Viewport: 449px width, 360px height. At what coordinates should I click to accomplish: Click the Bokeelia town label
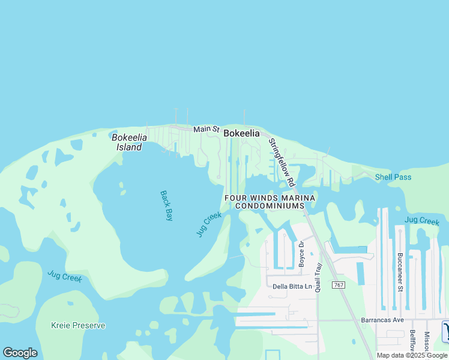pyautogui.click(x=241, y=134)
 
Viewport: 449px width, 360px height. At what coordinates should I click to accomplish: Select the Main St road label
pyautogui.click(x=206, y=129)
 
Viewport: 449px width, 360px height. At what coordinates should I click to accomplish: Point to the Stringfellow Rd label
pyautogui.click(x=282, y=162)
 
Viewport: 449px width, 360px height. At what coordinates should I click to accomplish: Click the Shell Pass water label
pyautogui.click(x=393, y=177)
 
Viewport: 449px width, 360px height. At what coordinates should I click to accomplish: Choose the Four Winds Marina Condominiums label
pyautogui.click(x=270, y=202)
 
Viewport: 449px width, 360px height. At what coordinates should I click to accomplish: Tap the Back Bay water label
pyautogui.click(x=166, y=206)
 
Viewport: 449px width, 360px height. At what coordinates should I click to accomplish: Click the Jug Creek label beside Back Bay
pyautogui.click(x=209, y=224)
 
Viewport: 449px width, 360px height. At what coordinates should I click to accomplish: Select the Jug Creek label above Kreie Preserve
pyautogui.click(x=65, y=277)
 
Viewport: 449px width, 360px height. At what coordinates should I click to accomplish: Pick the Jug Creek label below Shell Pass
pyautogui.click(x=421, y=221)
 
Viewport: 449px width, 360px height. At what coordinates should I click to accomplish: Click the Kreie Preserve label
pyautogui.click(x=78, y=325)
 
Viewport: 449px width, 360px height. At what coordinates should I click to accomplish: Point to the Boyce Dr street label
pyautogui.click(x=302, y=254)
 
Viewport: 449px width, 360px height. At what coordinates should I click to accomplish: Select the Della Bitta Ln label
pyautogui.click(x=292, y=286)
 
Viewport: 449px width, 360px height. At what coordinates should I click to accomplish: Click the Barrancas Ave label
pyautogui.click(x=382, y=320)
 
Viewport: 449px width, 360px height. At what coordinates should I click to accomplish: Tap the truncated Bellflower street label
pyautogui.click(x=412, y=341)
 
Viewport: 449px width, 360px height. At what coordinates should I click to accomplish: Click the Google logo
pyautogui.click(x=20, y=353)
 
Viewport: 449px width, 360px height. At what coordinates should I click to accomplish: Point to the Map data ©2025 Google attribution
pyautogui.click(x=412, y=355)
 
